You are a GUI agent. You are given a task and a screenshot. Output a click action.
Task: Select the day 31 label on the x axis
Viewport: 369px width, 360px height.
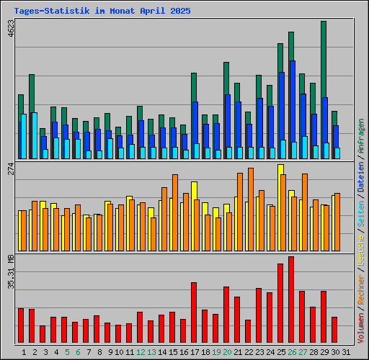tap(345, 352)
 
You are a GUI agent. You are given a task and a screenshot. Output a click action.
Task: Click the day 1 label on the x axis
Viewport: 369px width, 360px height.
tap(24, 352)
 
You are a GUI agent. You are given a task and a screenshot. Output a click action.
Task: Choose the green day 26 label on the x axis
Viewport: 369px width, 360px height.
tap(292, 352)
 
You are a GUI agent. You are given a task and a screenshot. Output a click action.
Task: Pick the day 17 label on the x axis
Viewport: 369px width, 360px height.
tap(195, 352)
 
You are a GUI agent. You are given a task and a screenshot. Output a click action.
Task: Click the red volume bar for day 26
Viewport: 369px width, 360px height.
tap(291, 300)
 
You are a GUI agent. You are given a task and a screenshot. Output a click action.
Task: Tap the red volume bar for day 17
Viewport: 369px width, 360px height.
tap(194, 312)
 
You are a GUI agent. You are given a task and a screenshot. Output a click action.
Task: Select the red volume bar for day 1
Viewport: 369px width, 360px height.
tap(21, 325)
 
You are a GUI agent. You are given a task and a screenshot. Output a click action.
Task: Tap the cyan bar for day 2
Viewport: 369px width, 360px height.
tap(34, 135)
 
